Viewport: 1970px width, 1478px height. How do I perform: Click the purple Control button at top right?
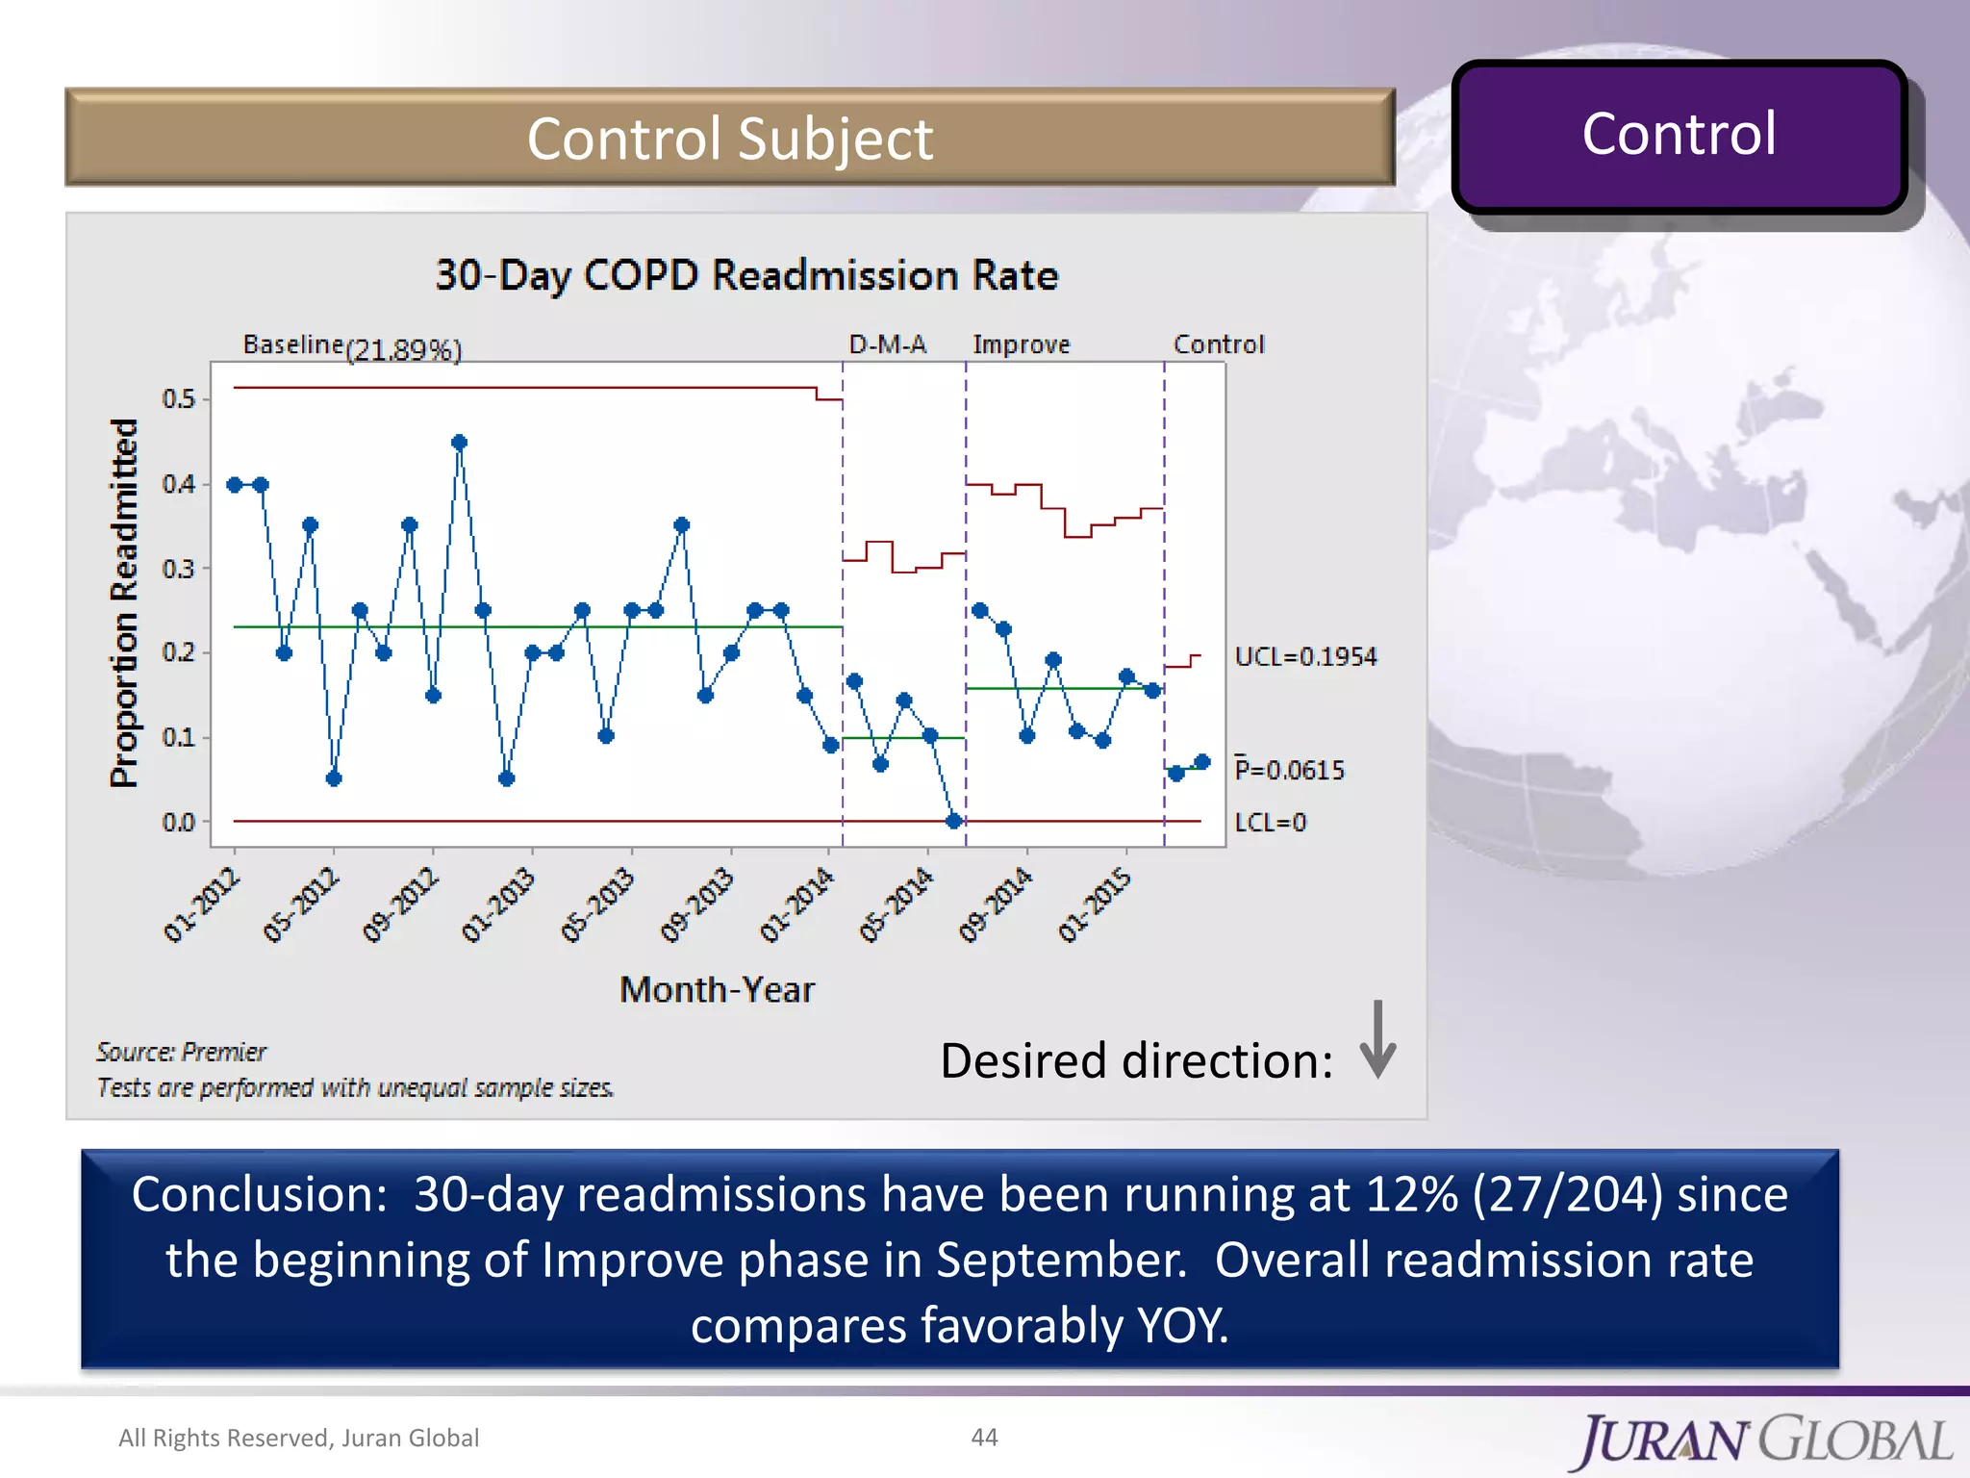[x=1679, y=136]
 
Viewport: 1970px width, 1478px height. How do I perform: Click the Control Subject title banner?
[x=729, y=138]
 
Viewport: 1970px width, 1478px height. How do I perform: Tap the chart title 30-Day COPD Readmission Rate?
[x=746, y=275]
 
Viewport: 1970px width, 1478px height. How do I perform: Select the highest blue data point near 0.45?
[x=459, y=443]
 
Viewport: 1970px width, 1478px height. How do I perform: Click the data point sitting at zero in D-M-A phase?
[x=953, y=821]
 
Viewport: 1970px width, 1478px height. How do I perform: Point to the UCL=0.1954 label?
[x=1305, y=656]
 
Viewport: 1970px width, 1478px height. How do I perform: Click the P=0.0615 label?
[x=1289, y=770]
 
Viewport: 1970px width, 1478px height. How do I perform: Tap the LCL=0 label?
[x=1270, y=823]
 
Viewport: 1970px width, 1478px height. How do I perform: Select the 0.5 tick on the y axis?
[x=179, y=398]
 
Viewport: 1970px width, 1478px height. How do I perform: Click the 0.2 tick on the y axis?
[x=179, y=652]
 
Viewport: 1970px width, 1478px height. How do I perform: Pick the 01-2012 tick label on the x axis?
[x=201, y=905]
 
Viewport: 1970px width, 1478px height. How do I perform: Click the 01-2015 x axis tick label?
[x=1095, y=905]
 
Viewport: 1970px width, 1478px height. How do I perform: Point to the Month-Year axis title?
[x=717, y=989]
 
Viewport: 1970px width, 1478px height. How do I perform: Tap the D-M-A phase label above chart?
[x=887, y=344]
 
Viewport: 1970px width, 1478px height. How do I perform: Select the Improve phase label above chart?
[x=1021, y=344]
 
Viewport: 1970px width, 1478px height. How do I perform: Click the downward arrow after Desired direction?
[x=1377, y=1040]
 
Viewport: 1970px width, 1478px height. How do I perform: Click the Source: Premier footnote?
[x=181, y=1052]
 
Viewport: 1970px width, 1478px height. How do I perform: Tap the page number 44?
[x=984, y=1437]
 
